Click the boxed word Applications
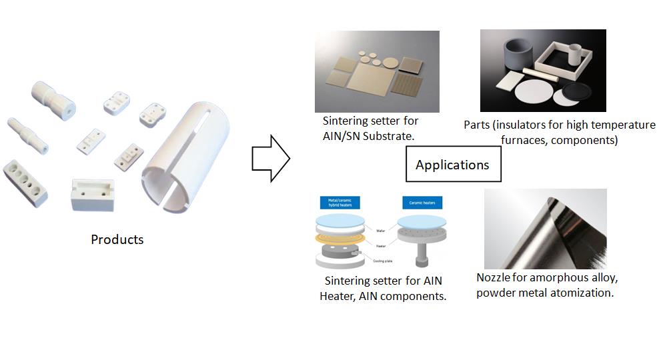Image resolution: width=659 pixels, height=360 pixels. point(452,165)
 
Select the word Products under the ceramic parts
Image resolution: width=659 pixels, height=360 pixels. point(117,239)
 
